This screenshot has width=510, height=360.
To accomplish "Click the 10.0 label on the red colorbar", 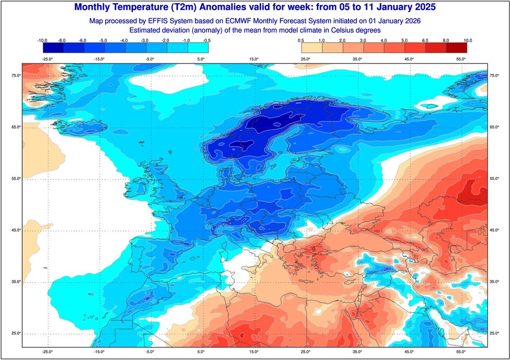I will (468, 40).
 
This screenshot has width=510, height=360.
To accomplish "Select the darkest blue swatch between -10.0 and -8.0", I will (53, 48).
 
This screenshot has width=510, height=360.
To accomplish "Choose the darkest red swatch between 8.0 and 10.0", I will (456, 48).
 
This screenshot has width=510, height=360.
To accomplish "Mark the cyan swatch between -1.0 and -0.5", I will (198, 48).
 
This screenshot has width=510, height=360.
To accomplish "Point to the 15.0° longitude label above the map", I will (253, 59).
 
